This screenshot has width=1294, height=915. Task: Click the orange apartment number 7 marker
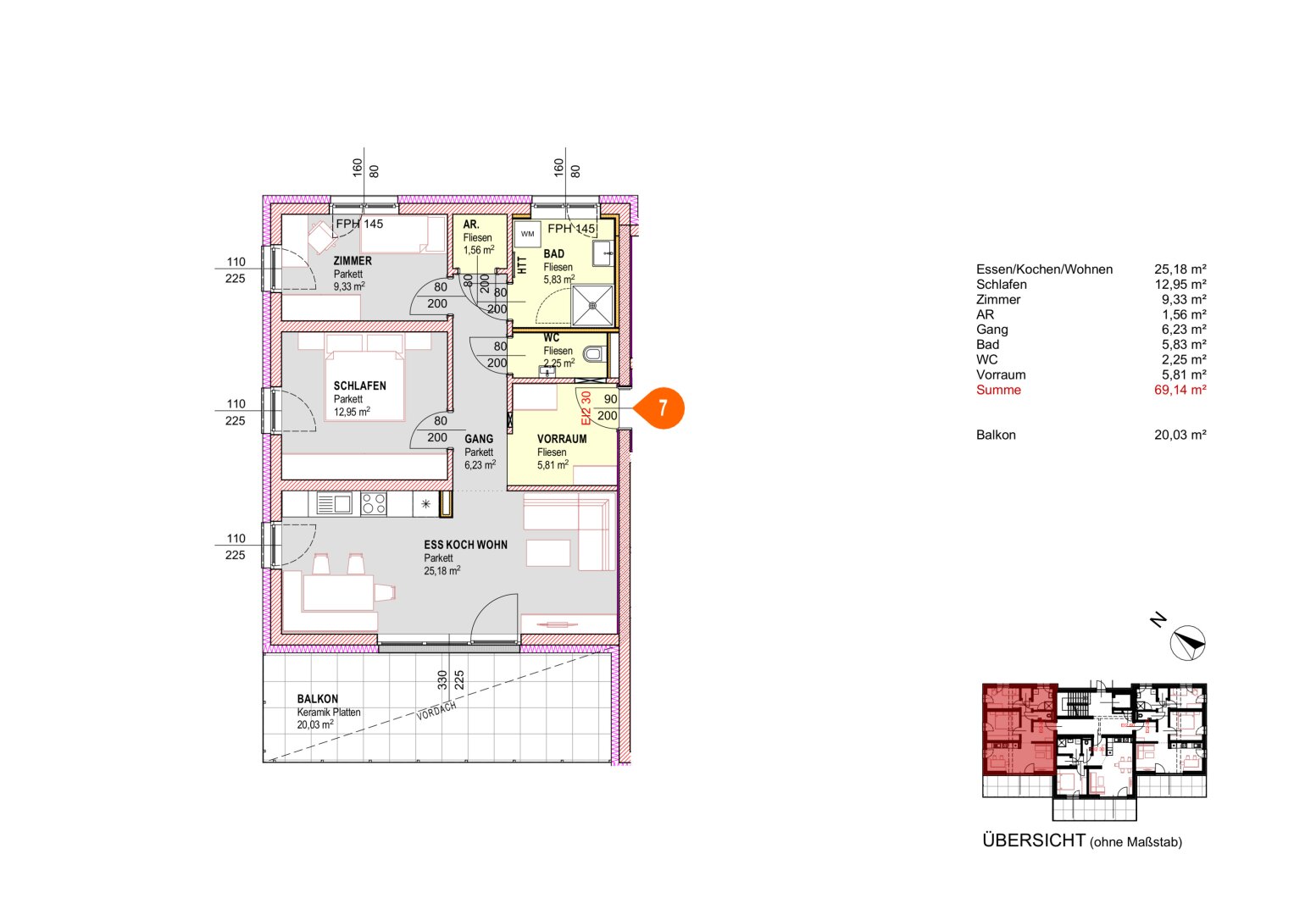(662, 408)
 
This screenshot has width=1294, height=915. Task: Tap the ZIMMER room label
(353, 261)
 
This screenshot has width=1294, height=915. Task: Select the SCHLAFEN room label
(359, 385)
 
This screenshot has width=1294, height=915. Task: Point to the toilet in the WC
(595, 353)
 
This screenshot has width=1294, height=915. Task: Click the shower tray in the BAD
(592, 305)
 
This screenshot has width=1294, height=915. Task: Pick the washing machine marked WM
(528, 234)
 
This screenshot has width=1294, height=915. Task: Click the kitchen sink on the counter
(334, 504)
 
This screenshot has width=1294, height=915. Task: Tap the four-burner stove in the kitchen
(374, 504)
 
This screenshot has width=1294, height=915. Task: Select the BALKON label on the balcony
(317, 699)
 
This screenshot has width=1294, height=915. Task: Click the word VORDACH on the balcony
(436, 711)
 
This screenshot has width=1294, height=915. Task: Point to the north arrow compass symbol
(1187, 643)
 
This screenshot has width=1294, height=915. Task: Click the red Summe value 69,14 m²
(1180, 390)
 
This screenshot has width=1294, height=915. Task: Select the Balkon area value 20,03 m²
(1180, 435)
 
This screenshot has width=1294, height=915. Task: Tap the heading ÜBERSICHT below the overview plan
(1033, 840)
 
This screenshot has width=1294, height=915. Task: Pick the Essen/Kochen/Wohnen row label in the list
(1044, 269)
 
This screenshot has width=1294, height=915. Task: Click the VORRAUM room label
(562, 439)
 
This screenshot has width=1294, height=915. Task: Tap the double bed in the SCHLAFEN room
(364, 381)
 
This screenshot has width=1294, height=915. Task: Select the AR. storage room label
(471, 225)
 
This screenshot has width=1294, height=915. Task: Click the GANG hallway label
(479, 439)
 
